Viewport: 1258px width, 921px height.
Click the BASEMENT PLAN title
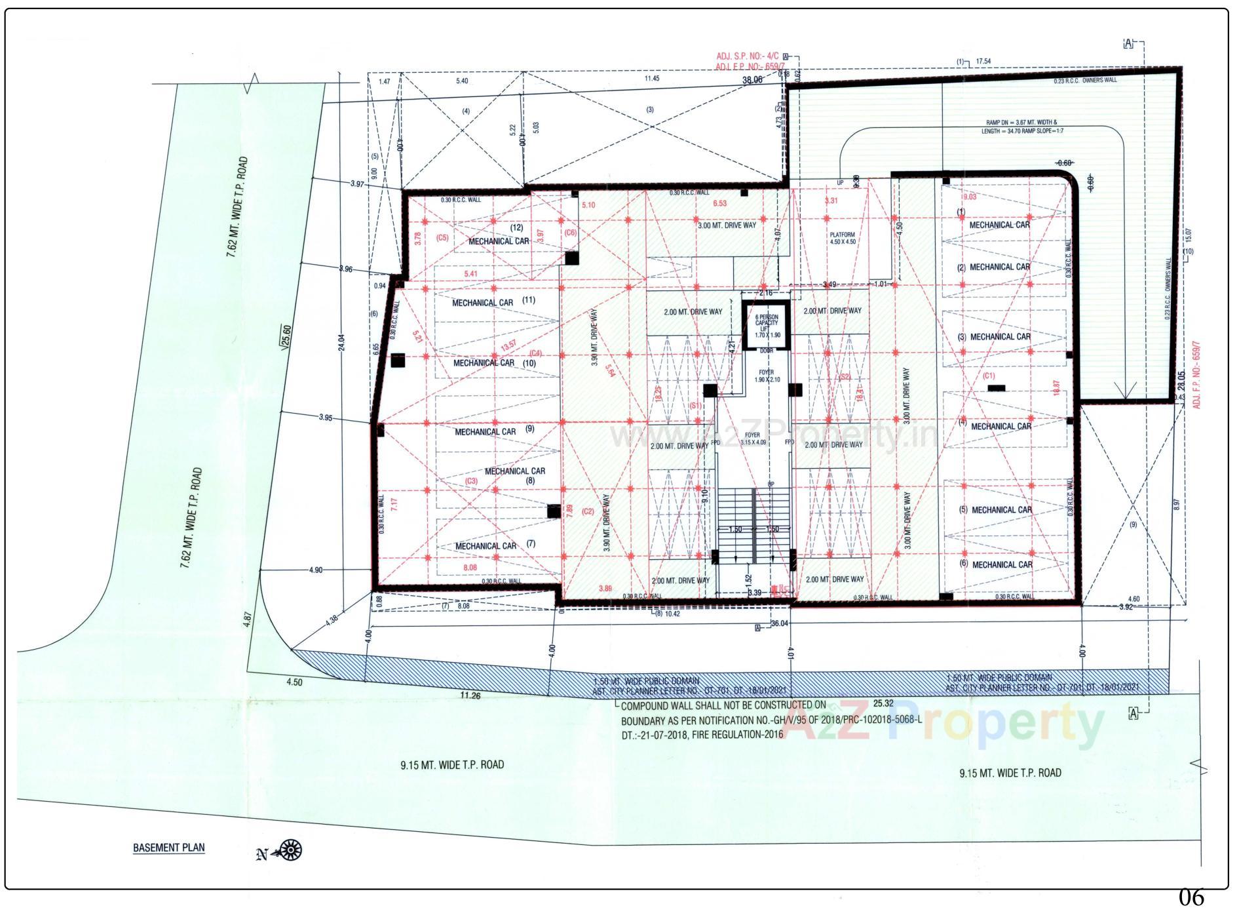[x=168, y=847]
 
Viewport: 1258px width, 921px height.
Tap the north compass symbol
[x=289, y=850]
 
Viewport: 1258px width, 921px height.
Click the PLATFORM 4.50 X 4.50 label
[x=842, y=238]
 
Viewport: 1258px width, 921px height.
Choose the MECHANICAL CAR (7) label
[x=495, y=545]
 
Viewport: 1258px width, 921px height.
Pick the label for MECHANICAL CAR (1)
[x=999, y=225]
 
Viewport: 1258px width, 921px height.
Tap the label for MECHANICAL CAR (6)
[x=1002, y=564]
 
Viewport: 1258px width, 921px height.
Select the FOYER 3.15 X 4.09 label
[x=753, y=439]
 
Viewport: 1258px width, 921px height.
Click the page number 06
[x=1191, y=897]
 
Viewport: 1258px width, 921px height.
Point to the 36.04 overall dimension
[x=779, y=623]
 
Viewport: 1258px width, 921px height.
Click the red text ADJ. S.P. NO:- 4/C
[x=746, y=56]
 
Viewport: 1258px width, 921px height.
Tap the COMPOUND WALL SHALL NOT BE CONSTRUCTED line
[x=723, y=706]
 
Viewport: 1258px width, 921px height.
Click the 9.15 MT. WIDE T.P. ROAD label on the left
[x=452, y=764]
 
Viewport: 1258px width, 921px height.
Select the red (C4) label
[x=535, y=353]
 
